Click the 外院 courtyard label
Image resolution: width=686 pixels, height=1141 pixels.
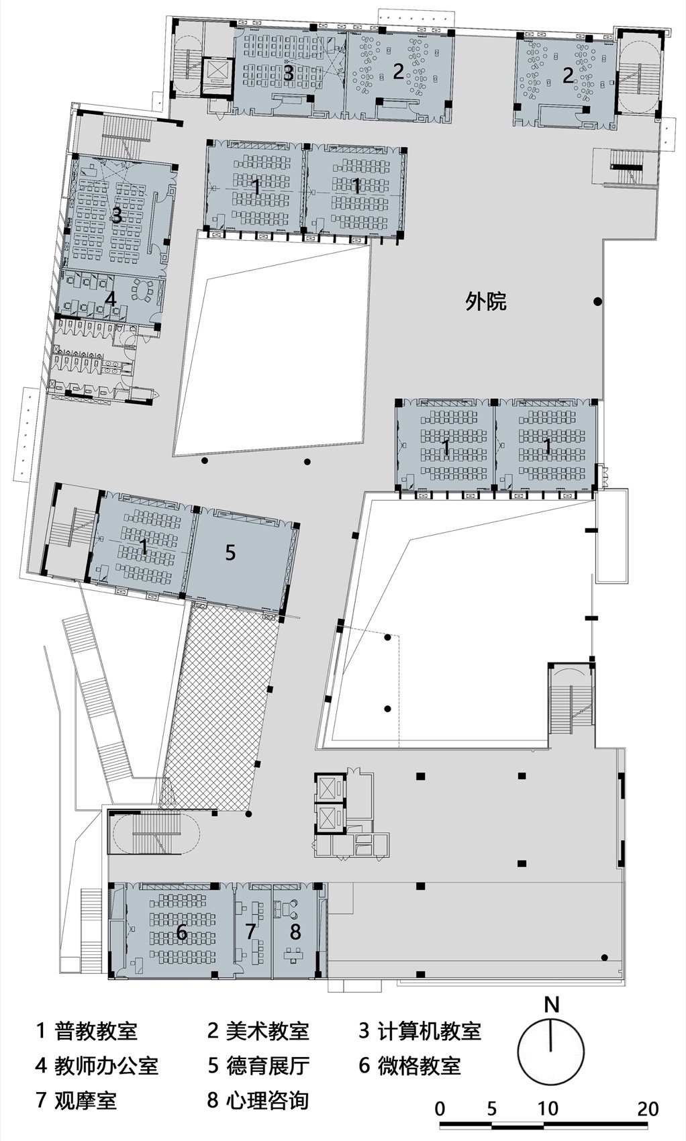pos(486,302)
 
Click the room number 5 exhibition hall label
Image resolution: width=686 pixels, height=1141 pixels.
pos(230,552)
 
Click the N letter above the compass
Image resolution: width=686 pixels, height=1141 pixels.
pos(551,1005)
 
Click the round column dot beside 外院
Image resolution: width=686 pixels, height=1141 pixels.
pos(597,302)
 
